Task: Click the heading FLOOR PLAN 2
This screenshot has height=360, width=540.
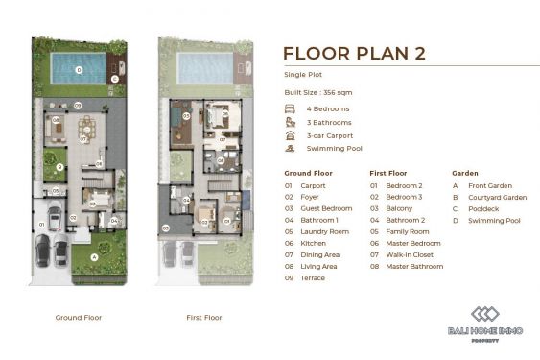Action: click(354, 53)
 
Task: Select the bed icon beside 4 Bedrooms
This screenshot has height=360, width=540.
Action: click(289, 109)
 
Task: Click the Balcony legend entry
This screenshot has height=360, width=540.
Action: click(393, 207)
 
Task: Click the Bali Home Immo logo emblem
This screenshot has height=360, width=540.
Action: click(484, 314)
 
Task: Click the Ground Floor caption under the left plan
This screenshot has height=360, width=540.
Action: click(79, 317)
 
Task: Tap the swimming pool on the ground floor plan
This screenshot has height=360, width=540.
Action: click(78, 68)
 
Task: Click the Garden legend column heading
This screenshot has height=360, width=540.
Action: click(464, 173)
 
